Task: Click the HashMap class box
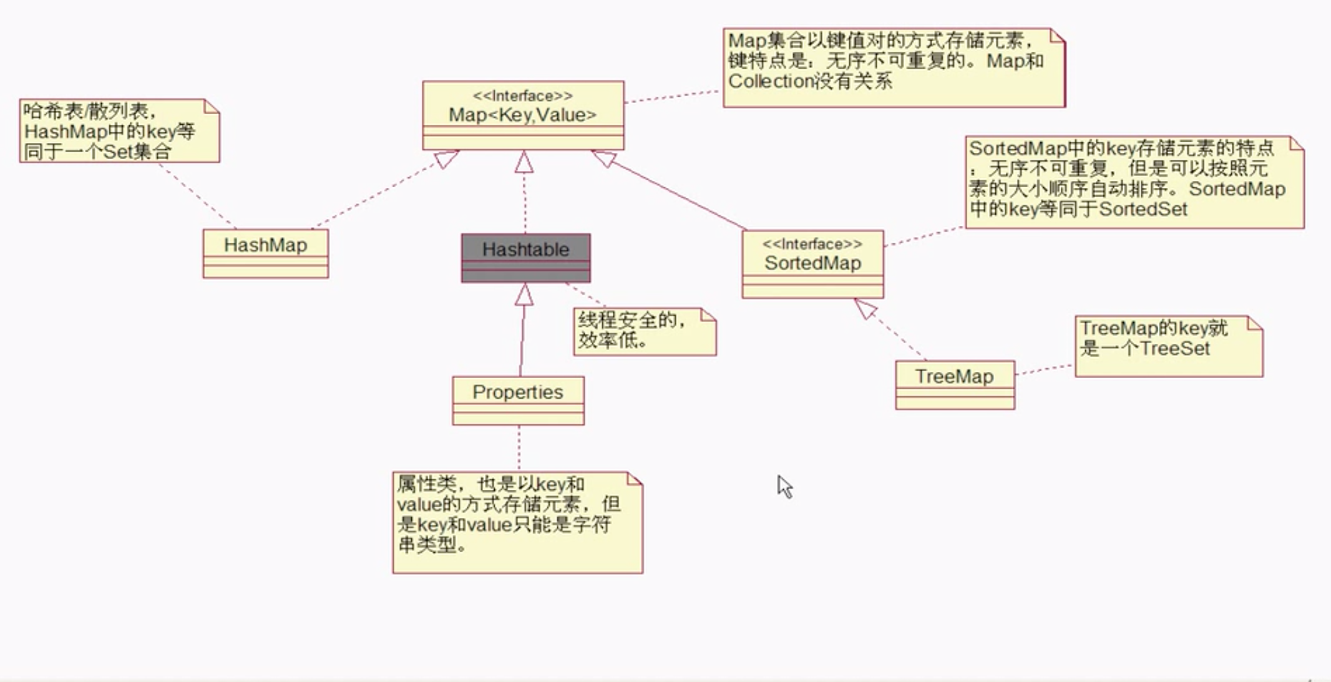[265, 253]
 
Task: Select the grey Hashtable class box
[525, 257]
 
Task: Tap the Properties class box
[518, 400]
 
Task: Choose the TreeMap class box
[955, 384]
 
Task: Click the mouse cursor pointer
[784, 486]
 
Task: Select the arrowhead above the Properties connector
[524, 295]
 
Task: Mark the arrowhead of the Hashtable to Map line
[524, 162]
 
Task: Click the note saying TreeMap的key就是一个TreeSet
[1168, 346]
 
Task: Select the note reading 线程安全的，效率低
[645, 331]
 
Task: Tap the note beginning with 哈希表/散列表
[119, 131]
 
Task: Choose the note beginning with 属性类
[517, 522]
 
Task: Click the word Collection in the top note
[768, 81]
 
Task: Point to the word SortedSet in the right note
[1143, 209]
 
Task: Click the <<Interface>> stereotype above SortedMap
[812, 244]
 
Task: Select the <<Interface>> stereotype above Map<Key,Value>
[523, 95]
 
